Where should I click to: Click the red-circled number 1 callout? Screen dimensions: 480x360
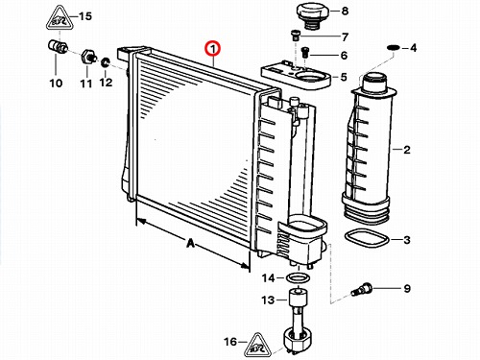(213, 49)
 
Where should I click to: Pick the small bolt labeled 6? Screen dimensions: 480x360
(305, 53)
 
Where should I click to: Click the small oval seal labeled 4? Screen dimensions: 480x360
(393, 48)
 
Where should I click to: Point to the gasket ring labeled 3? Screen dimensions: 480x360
(366, 238)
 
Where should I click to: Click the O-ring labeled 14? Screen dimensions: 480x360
(298, 277)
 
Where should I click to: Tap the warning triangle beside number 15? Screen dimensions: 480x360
(59, 17)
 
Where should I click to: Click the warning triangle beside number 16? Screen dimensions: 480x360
(257, 345)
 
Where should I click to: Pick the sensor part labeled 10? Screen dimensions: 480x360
(58, 46)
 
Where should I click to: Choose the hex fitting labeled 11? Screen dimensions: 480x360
(87, 57)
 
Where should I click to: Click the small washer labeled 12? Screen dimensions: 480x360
(105, 62)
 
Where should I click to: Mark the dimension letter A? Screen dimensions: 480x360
(190, 244)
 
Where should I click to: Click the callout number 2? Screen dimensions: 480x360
(407, 150)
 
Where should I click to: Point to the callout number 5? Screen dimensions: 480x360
(344, 77)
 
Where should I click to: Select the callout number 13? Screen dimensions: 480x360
(268, 300)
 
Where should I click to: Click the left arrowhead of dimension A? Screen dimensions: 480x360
(141, 221)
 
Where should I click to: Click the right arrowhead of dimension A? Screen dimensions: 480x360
(245, 266)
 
